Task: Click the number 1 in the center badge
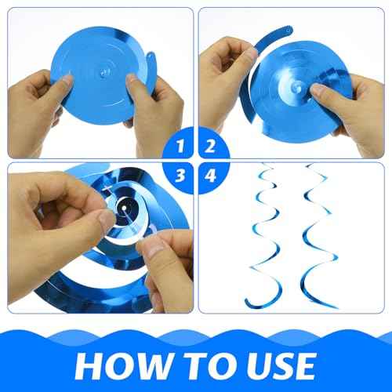(182, 146)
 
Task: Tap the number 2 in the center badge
(210, 146)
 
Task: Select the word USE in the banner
(274, 366)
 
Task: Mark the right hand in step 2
(345, 102)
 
